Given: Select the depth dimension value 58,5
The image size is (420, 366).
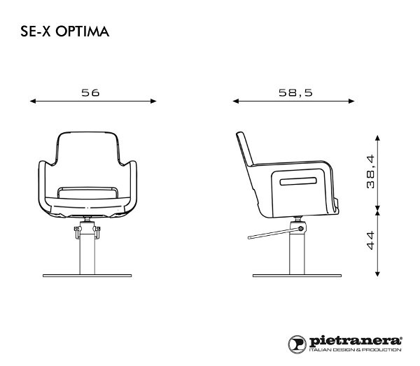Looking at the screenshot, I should (x=294, y=92).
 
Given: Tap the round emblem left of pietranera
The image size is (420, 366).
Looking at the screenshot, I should (x=297, y=342).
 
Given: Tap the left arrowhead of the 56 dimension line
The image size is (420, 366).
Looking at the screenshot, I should (x=33, y=101).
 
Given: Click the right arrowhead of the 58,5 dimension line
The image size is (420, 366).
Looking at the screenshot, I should (x=354, y=101).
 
